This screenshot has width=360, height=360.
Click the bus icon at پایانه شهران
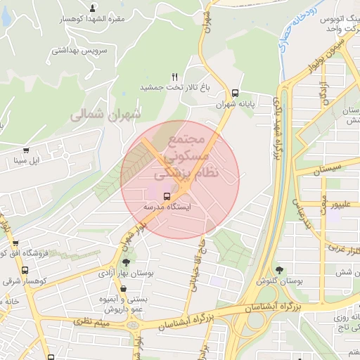pos(235,92)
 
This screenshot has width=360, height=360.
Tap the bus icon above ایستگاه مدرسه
pos(167,196)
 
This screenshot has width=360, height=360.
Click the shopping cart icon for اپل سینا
pos(26,150)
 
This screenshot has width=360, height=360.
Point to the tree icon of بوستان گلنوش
pos(281,269)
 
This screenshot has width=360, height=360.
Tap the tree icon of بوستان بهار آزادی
pos(126,262)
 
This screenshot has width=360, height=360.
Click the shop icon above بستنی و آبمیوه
pos(123,288)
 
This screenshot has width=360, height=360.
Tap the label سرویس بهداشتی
pos(81,51)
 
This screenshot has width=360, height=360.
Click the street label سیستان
pos(328,169)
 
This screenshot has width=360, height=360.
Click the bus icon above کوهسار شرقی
pos(25,270)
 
